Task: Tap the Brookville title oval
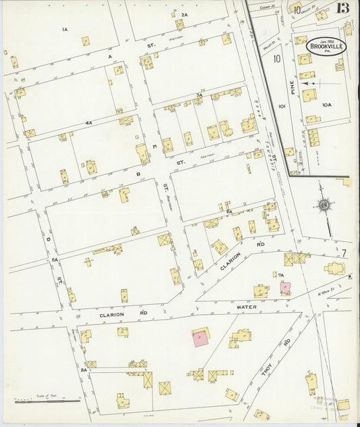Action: click(327, 46)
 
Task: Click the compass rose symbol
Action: click(325, 205)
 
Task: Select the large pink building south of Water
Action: click(201, 338)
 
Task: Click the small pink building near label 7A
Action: click(286, 288)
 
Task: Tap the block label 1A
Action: click(65, 30)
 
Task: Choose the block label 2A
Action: click(184, 14)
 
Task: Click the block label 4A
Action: click(88, 123)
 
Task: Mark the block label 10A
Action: click(327, 105)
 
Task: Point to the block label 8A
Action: click(84, 370)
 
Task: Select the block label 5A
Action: click(55, 259)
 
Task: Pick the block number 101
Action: click(282, 106)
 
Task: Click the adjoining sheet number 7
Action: click(343, 253)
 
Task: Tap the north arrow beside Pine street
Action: click(311, 83)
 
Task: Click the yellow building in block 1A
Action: click(86, 41)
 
